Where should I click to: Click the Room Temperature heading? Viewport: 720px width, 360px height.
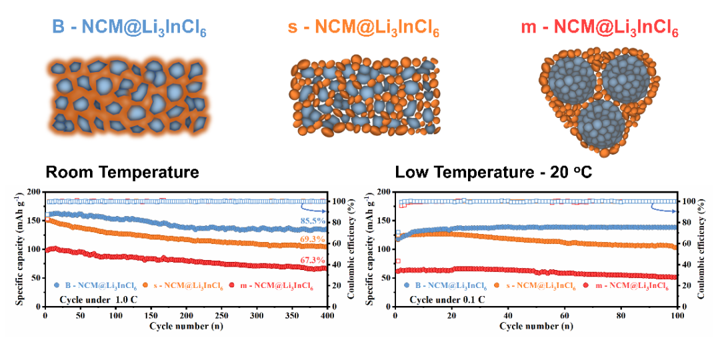point(122,172)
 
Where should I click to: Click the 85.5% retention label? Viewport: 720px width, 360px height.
point(315,220)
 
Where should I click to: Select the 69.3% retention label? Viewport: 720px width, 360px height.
point(315,239)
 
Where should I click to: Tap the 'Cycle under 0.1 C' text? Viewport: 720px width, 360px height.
point(448,299)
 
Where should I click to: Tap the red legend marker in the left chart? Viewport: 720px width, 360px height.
point(233,285)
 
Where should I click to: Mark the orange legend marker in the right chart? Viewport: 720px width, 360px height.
point(496,285)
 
